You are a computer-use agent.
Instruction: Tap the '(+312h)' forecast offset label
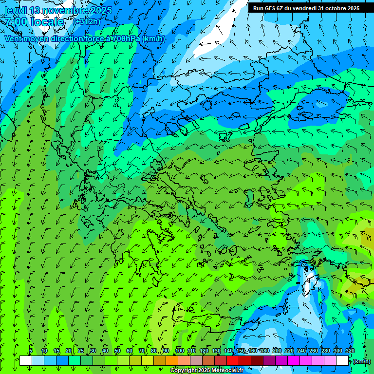click(88, 22)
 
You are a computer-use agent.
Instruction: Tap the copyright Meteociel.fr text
click(207, 370)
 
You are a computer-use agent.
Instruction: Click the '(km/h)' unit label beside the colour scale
click(361, 361)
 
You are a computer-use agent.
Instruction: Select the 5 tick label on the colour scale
click(31, 351)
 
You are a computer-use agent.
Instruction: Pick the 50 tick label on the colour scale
click(117, 351)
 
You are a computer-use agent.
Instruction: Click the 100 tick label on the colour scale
click(180, 351)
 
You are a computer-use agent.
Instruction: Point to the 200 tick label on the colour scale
click(277, 351)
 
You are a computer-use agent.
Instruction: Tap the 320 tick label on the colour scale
click(350, 351)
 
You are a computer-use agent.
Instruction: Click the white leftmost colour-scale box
click(25, 361)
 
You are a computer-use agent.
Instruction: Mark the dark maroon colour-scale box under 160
click(257, 361)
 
